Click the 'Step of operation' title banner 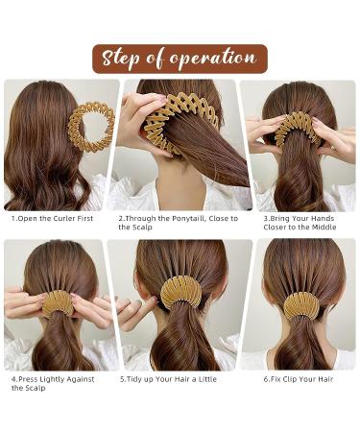180,59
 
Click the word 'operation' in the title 213,59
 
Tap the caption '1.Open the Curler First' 55,219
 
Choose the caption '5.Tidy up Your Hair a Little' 169,379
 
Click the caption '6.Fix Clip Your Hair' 297,379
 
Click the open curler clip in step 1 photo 92,127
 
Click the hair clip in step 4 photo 58,303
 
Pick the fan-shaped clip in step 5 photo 180,291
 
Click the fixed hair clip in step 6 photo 301,306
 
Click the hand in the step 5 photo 128,310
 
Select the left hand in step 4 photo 24,302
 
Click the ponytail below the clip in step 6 301,346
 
